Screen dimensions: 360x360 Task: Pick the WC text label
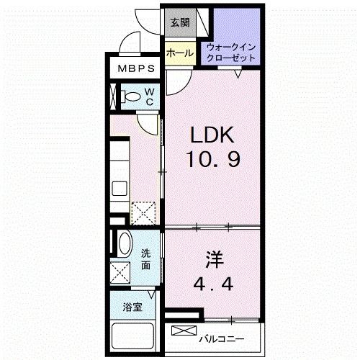(149, 96)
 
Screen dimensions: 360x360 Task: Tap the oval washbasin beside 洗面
(123, 245)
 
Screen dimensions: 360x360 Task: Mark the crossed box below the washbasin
(121, 272)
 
